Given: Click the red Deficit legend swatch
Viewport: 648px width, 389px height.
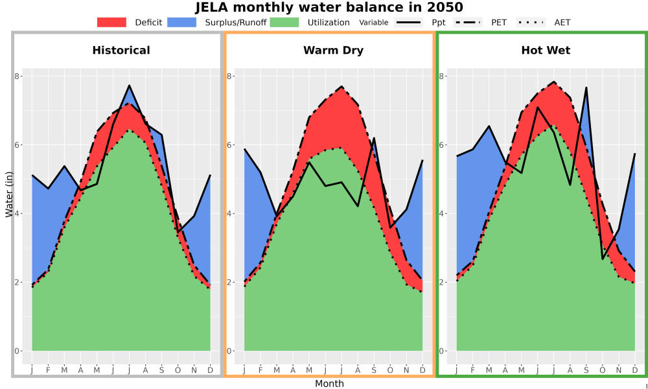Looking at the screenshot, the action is [x=111, y=22].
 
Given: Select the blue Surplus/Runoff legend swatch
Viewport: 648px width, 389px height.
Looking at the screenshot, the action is [x=182, y=22].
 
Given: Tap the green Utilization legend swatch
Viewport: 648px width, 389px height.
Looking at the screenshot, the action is [x=284, y=22].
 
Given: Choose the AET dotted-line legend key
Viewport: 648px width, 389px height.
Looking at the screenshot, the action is [x=531, y=22].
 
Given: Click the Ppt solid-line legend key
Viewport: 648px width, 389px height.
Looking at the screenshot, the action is [x=408, y=22].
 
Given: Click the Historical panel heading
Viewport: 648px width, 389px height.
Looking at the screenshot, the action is [x=121, y=51].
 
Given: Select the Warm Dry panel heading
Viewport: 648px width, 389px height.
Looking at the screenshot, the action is [x=334, y=51].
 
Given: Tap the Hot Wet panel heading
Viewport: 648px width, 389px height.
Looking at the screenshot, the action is [x=546, y=51].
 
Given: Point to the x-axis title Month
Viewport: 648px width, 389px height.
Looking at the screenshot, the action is [x=329, y=384].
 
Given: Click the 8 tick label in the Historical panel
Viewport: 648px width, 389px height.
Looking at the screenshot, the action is [x=17, y=76].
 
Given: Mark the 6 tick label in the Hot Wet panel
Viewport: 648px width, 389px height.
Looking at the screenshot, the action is [x=442, y=145].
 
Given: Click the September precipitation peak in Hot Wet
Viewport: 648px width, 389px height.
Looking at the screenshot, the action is [x=586, y=88].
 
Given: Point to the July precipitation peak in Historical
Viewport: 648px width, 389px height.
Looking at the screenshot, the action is [x=130, y=85].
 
